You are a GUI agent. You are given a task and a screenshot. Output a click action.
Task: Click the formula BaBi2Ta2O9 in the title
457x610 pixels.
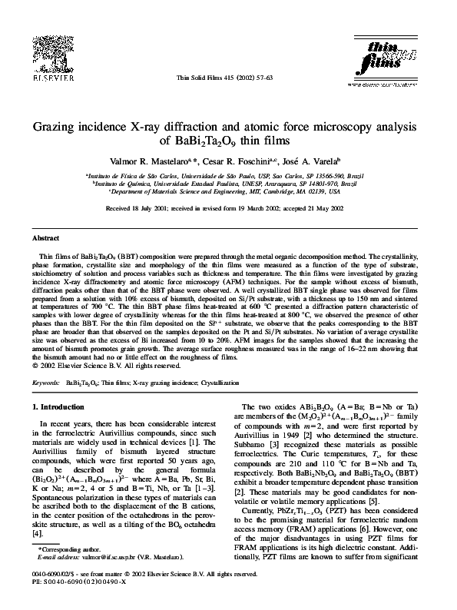point(211,141)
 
